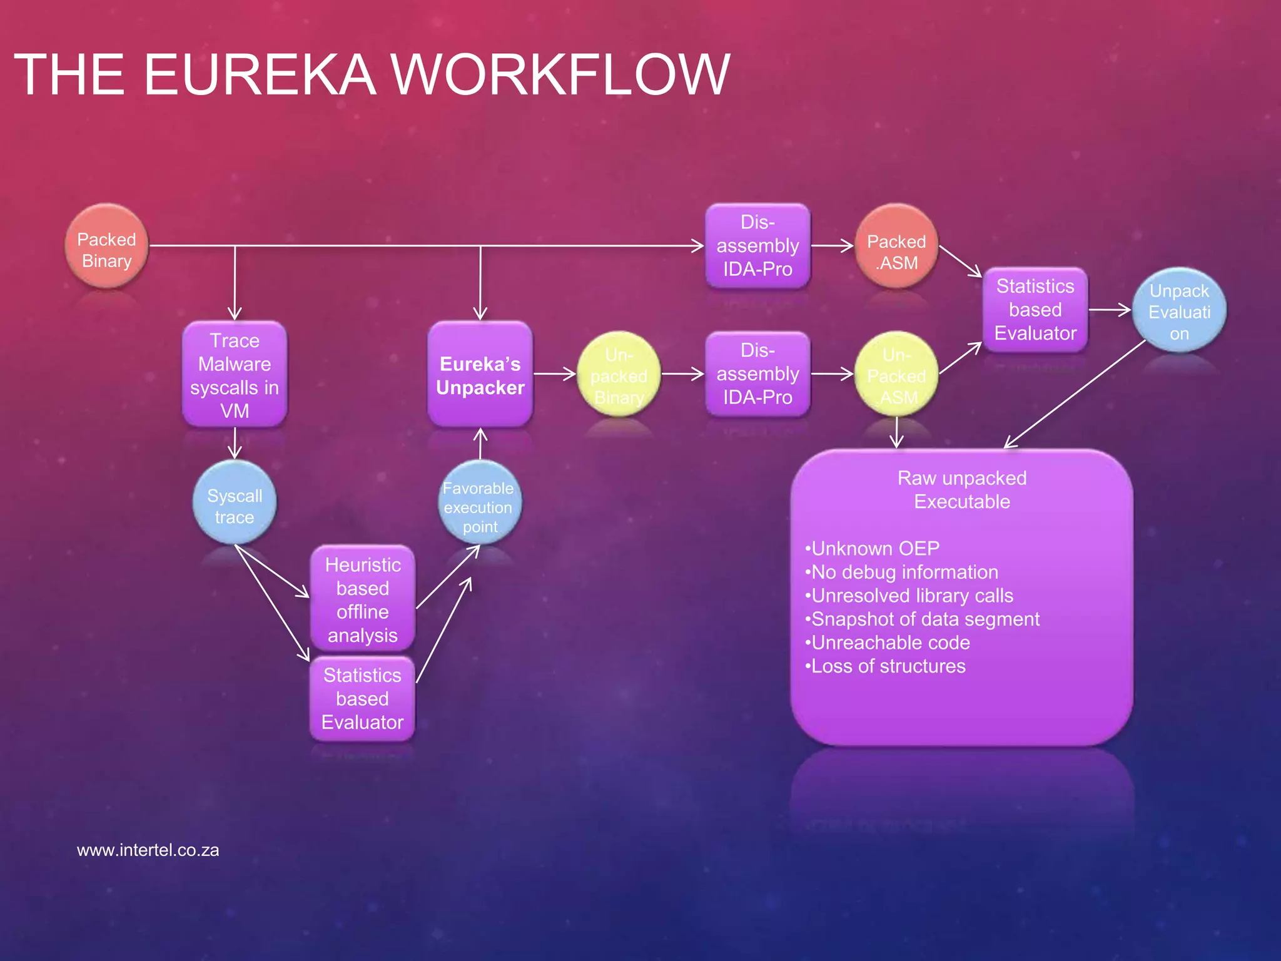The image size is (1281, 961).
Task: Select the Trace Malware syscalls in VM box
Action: (235, 375)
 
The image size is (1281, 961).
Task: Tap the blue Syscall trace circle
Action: (235, 504)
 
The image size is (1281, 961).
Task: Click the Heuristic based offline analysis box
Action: (362, 599)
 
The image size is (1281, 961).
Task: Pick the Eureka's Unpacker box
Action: (480, 375)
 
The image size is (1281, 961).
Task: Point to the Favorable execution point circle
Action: (480, 504)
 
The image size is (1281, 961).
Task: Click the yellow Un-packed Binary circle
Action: (619, 375)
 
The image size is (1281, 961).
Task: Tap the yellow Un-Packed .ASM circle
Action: (896, 375)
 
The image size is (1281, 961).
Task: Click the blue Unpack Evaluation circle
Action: (1179, 310)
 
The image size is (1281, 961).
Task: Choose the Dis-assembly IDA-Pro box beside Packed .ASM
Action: (757, 246)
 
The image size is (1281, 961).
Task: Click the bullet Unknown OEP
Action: (873, 549)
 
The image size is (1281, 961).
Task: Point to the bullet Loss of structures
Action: (886, 666)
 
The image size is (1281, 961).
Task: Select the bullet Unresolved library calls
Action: (909, 596)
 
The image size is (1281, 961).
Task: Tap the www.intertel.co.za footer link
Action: (148, 850)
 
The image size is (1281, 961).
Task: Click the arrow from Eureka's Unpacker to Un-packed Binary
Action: (554, 374)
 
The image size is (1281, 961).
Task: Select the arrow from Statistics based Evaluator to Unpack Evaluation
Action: (1110, 309)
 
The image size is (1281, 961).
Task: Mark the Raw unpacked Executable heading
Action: (962, 490)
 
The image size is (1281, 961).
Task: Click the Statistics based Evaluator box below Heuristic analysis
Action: (362, 699)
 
